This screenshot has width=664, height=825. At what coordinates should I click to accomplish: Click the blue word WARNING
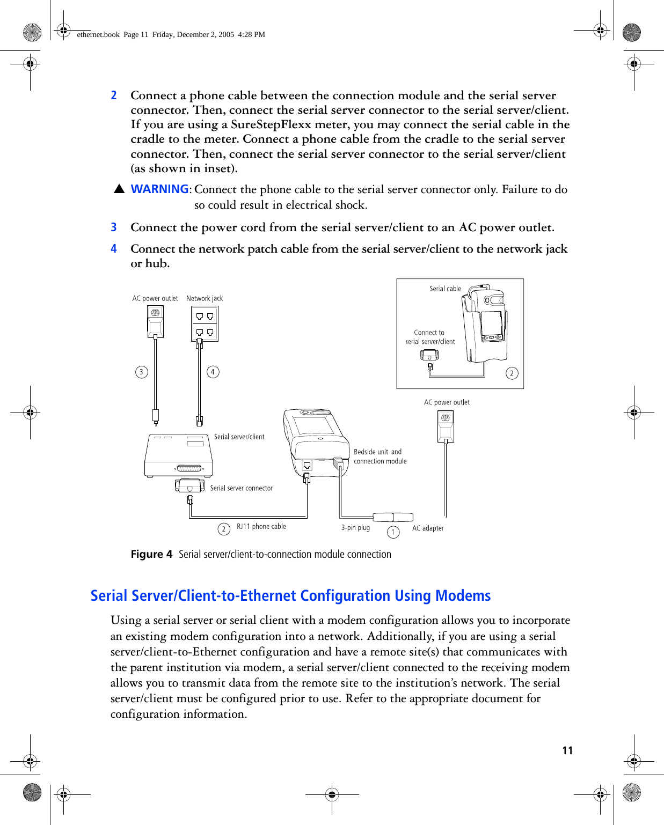[x=159, y=189]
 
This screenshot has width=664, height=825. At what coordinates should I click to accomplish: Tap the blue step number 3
[x=114, y=227]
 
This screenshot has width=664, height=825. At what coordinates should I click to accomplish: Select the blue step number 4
[x=114, y=249]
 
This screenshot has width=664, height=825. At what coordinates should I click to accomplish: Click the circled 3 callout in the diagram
[x=142, y=372]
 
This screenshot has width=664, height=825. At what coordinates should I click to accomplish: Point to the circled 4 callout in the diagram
[x=213, y=372]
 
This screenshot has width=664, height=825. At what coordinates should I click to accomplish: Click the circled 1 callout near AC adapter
[x=393, y=532]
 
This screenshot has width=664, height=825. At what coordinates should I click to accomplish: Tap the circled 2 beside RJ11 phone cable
[x=224, y=529]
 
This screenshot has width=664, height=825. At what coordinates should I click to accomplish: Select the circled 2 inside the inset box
[x=512, y=373]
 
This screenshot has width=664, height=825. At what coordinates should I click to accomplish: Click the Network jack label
[x=205, y=298]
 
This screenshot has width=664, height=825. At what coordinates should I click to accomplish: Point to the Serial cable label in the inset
[x=445, y=289]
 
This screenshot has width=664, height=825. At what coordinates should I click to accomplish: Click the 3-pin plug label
[x=355, y=528]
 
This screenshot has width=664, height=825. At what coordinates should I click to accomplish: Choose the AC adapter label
[x=428, y=528]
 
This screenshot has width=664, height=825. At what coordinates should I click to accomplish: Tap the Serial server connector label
[x=241, y=488]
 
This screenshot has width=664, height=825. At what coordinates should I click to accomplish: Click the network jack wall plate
[x=205, y=324]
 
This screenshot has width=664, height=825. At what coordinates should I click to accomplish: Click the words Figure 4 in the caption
[x=151, y=555]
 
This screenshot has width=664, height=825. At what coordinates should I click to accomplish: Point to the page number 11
[x=567, y=750]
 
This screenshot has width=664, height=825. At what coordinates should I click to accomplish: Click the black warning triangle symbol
[x=119, y=189]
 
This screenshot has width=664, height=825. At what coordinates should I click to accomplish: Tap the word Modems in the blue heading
[x=463, y=596]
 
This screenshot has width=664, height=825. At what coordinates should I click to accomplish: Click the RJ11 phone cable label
[x=261, y=527]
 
